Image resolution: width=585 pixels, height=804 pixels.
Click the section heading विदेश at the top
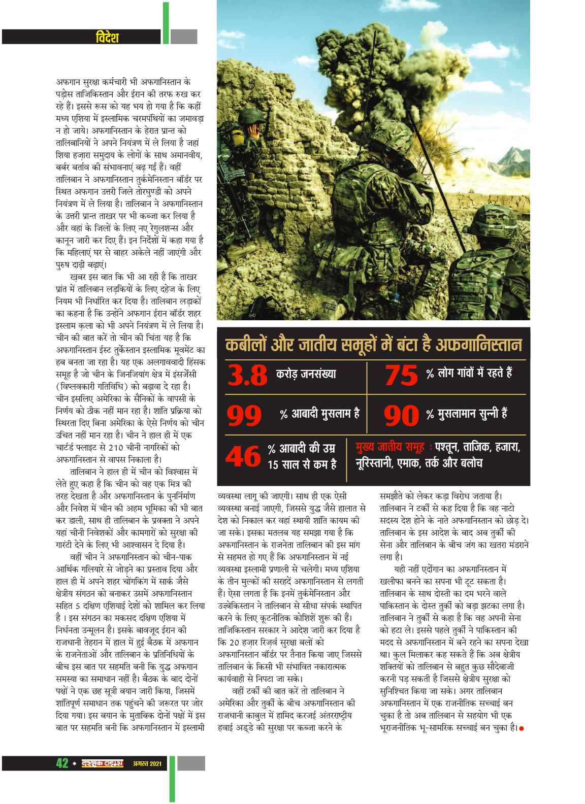(x=107, y=37)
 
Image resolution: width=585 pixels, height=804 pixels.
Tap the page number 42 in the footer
(x=62, y=763)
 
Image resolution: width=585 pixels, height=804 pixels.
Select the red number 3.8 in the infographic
(x=247, y=376)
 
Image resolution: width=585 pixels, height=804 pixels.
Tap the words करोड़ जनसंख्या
(x=306, y=375)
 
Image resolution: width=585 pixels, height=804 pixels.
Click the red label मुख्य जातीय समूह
(x=389, y=448)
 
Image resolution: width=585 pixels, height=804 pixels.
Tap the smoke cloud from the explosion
(x=386, y=76)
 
